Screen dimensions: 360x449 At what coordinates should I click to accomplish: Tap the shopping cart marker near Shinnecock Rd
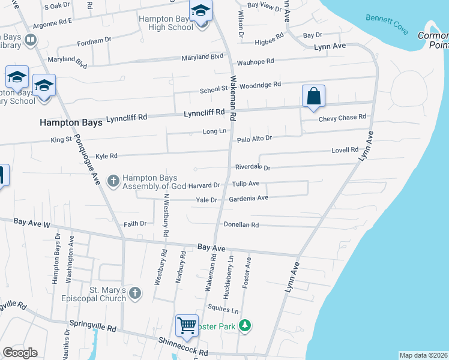coord(187,326)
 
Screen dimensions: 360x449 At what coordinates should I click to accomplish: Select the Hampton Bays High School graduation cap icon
coord(200,11)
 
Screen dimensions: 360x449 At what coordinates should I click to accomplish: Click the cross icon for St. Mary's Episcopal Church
coord(135,293)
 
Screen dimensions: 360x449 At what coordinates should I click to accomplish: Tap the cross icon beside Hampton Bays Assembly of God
coord(113,180)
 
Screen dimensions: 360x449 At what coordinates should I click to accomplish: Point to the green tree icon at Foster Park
coord(244,326)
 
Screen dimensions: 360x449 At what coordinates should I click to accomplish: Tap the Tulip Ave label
coord(246,184)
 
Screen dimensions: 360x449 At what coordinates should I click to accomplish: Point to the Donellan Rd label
coord(241,225)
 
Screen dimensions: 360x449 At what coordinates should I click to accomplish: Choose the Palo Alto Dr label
coord(255,138)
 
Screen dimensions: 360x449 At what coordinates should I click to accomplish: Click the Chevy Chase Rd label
coord(342,117)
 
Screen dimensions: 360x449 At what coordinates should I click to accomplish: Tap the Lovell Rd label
coord(345,150)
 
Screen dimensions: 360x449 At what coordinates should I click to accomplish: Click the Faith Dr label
coord(135,224)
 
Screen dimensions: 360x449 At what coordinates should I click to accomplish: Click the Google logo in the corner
coord(20,353)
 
